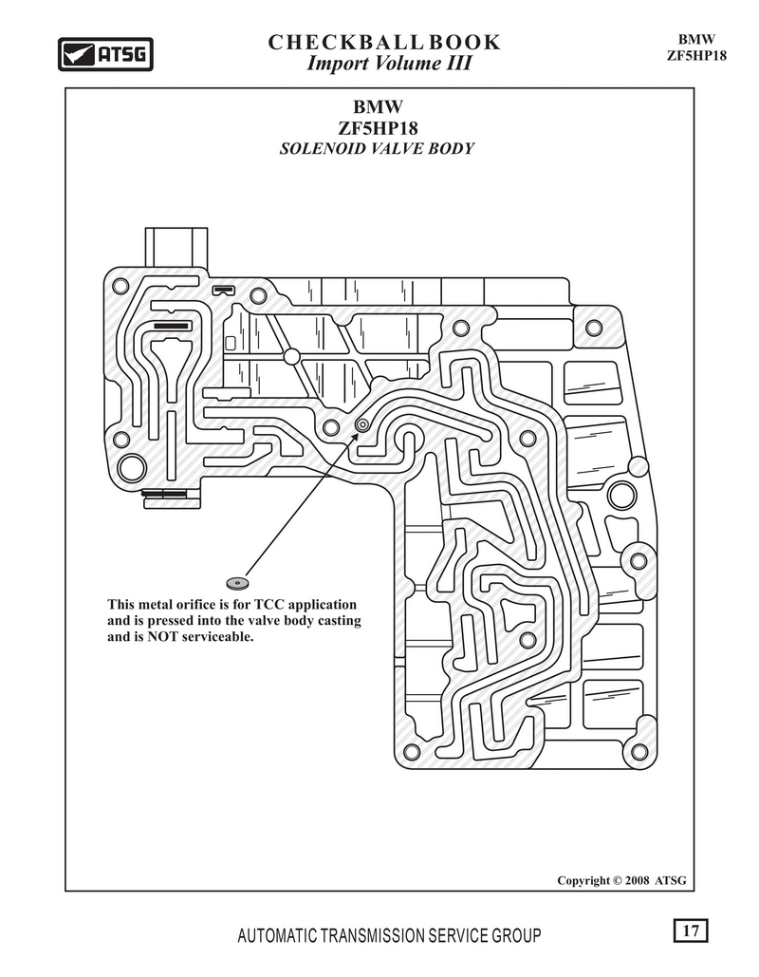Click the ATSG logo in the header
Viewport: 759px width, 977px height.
tap(105, 54)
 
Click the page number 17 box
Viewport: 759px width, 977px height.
tap(691, 930)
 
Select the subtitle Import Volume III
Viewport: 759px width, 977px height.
tap(389, 64)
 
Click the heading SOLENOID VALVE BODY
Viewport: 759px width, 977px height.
tap(377, 149)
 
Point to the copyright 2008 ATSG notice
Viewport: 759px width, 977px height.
tap(621, 880)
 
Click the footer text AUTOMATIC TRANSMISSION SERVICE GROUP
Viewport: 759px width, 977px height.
tap(389, 935)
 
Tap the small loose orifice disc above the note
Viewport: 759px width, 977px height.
tap(237, 583)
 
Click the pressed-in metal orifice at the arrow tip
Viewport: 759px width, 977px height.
tap(361, 424)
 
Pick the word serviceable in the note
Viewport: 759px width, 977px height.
tap(218, 637)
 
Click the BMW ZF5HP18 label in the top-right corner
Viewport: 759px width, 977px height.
tap(696, 47)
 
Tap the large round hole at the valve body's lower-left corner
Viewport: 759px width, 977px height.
tap(132, 468)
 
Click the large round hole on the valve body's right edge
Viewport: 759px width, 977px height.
tap(622, 496)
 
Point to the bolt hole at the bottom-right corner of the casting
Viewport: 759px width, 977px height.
tap(639, 751)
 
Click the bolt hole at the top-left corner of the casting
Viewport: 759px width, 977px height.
tap(120, 287)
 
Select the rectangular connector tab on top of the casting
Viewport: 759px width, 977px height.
tap(176, 248)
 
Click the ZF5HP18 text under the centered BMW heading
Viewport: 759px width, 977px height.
tap(378, 128)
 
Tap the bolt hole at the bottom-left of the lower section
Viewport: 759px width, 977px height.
tap(411, 751)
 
